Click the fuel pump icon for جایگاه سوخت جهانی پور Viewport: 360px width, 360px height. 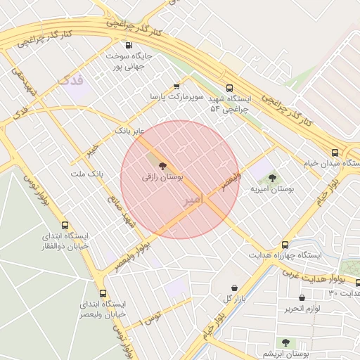[x=127, y=44]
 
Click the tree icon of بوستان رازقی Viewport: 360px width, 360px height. [x=162, y=167]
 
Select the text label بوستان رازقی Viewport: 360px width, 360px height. [x=162, y=179]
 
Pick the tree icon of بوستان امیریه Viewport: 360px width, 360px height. [x=272, y=178]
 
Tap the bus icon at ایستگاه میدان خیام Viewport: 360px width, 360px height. [x=335, y=152]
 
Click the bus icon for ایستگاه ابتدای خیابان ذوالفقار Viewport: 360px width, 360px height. [x=65, y=226]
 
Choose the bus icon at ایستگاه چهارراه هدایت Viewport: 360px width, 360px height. [x=285, y=243]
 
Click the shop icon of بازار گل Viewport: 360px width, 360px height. [x=236, y=288]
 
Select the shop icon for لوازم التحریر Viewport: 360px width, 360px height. [x=302, y=297]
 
